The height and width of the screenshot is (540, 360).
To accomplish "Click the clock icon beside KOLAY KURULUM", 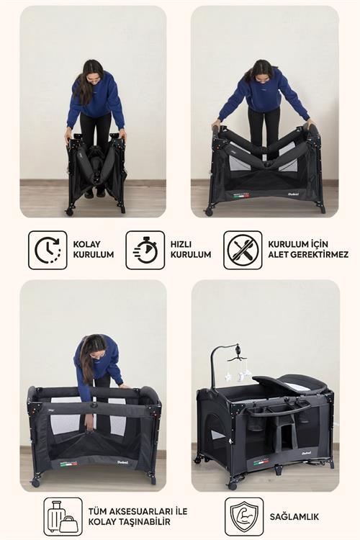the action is (48, 250).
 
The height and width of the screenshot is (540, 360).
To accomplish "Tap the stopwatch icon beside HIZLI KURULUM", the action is (145, 250).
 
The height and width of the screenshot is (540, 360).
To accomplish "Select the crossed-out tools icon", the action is (243, 250).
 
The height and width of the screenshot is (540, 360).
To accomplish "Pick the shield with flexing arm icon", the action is (244, 516).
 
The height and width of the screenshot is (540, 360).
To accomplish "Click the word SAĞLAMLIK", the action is (294, 516).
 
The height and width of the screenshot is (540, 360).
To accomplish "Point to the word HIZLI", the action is (181, 244).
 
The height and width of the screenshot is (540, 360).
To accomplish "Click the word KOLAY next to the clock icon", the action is (86, 244).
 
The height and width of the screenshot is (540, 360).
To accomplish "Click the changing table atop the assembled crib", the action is (289, 383).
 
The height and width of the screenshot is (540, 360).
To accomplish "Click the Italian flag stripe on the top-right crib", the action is (241, 196).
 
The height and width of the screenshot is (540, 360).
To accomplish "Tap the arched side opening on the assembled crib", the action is (215, 431).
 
